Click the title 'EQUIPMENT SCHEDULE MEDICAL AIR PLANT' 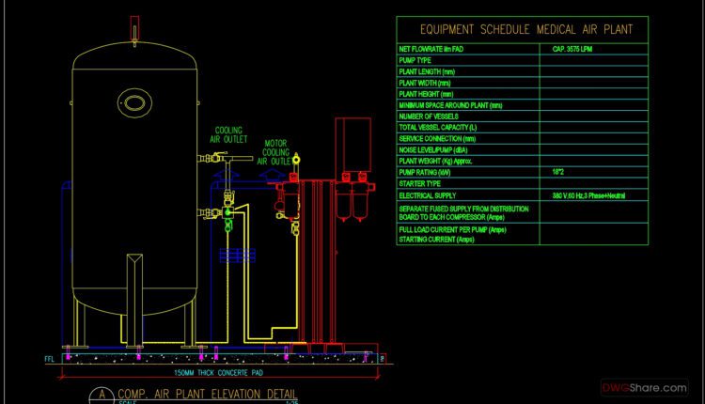coord(525,30)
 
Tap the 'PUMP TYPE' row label coord(415,60)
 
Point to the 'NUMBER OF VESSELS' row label coord(429,117)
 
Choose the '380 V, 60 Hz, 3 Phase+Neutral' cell coord(588,195)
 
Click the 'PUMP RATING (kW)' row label coord(426,173)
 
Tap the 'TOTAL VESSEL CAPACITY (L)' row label coord(438,128)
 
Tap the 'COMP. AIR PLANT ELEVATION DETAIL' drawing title coord(207,393)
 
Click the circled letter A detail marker coord(98,395)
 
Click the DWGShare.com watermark coord(645,387)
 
